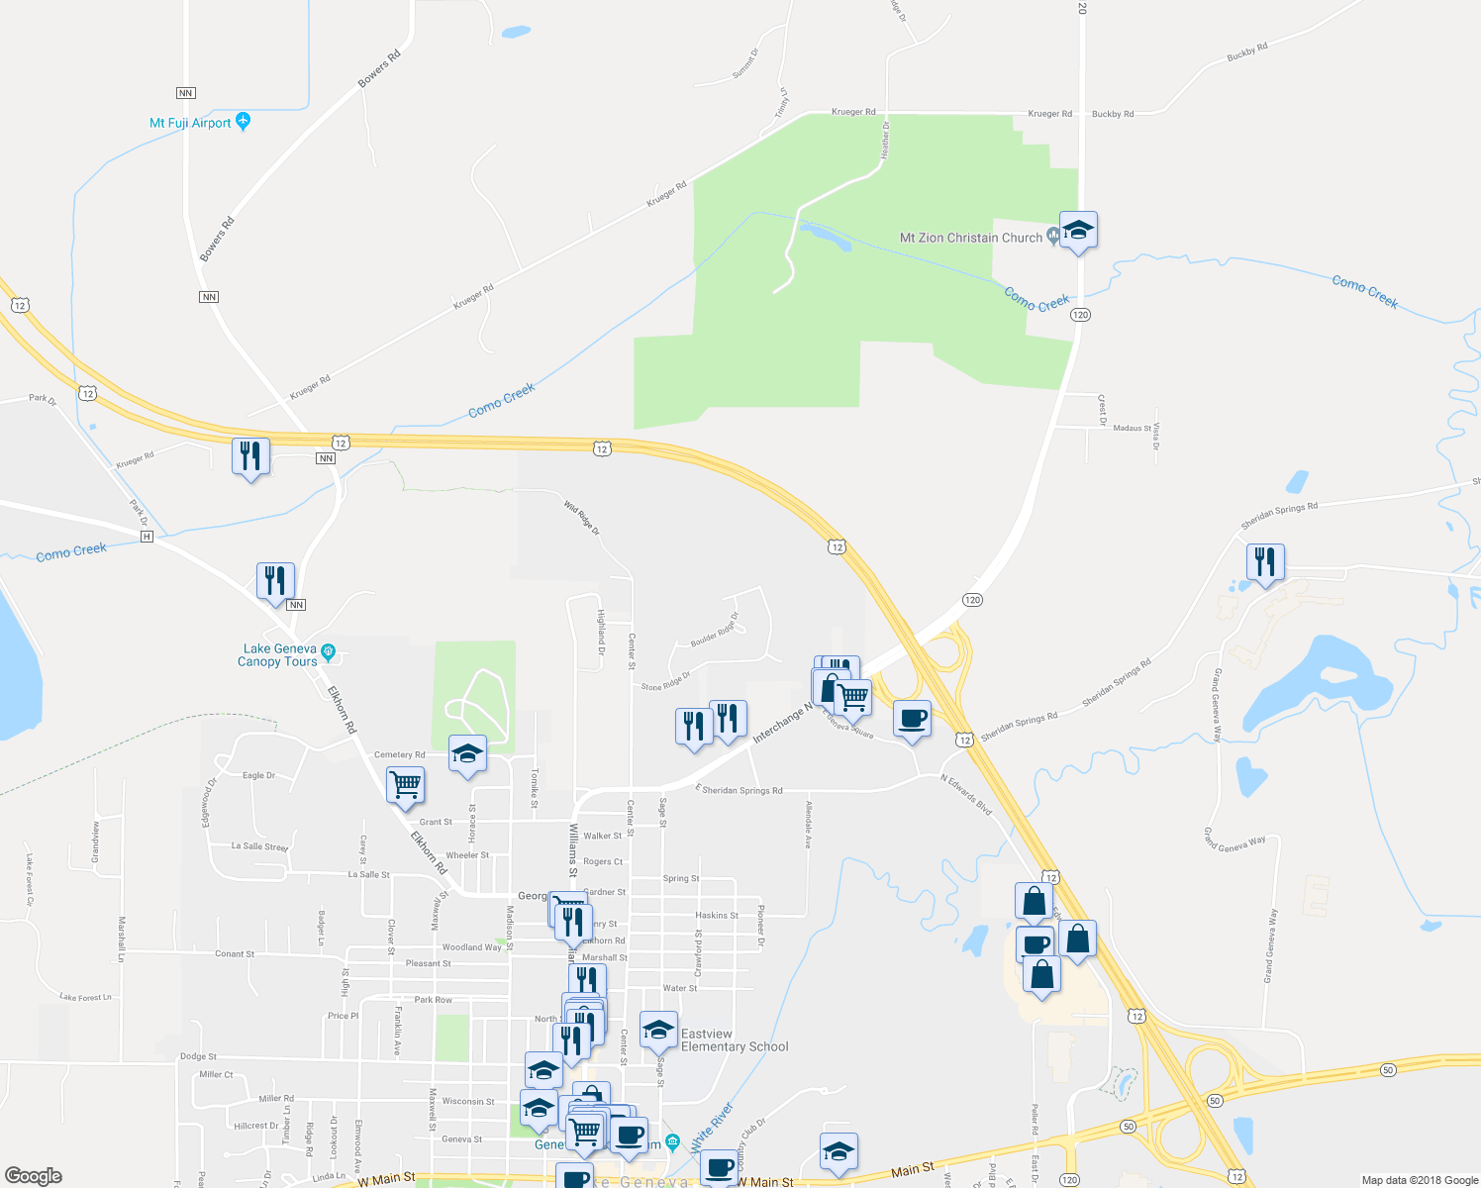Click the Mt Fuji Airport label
tap(190, 123)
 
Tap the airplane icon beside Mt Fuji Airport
tap(244, 122)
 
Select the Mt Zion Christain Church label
tap(970, 238)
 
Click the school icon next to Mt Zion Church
tap(1077, 231)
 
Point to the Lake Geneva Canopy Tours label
tap(279, 655)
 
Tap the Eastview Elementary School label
tap(735, 1040)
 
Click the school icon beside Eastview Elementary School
tap(658, 1031)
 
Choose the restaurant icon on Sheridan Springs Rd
tap(1265, 562)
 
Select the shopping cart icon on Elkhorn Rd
tap(405, 785)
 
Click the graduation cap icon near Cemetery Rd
tap(467, 754)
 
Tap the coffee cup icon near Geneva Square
tap(912, 718)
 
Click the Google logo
tap(34, 1176)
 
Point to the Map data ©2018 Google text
tap(1420, 1180)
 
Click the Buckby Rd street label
tap(1113, 114)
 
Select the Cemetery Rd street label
tap(399, 755)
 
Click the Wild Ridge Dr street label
tap(582, 519)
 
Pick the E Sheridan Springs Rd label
tap(740, 790)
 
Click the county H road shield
tap(147, 536)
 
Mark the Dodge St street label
tap(198, 1057)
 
